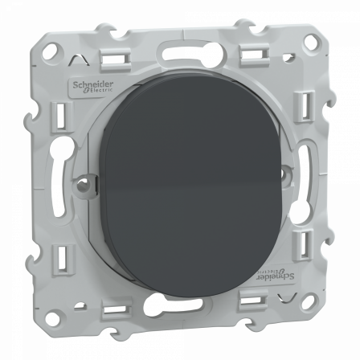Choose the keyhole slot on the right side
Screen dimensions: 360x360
coord(309,174)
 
